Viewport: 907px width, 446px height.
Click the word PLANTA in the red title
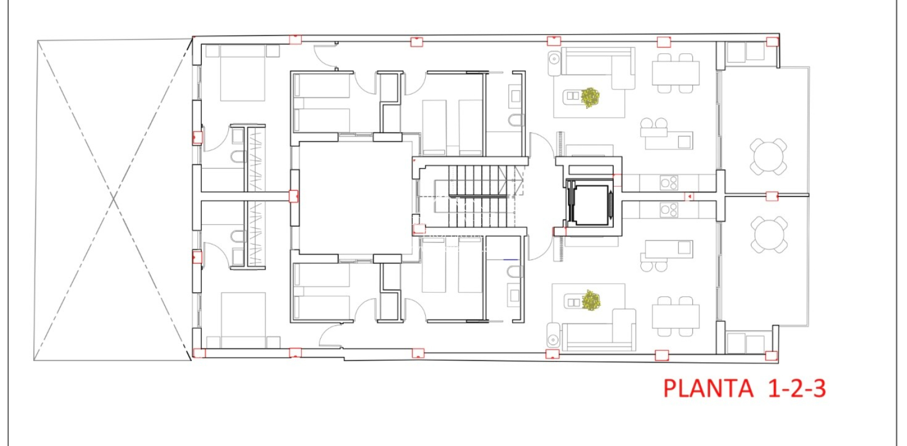pyautogui.click(x=708, y=389)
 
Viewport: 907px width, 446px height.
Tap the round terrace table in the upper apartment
pyautogui.click(x=768, y=157)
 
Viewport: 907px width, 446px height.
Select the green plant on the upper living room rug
pyautogui.click(x=590, y=97)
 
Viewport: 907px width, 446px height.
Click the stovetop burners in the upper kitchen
pyautogui.click(x=669, y=183)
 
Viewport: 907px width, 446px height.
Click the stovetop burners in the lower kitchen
pyautogui.click(x=669, y=209)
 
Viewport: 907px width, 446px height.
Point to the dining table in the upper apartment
pyautogui.click(x=675, y=73)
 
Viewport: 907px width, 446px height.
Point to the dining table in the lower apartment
pyautogui.click(x=675, y=317)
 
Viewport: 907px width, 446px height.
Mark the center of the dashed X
pyautogui.click(x=113, y=200)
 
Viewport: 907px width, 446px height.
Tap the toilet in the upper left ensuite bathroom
pyautogui.click(x=238, y=157)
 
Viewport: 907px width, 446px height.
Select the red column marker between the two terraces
pyautogui.click(x=772, y=196)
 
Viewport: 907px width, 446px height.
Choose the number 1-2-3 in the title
pyautogui.click(x=797, y=389)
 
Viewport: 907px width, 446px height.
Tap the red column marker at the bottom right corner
pyautogui.click(x=771, y=356)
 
